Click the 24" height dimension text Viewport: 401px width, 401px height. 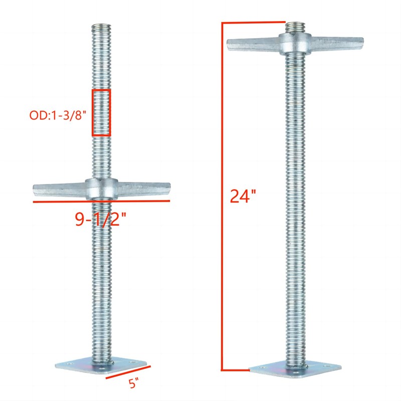point(240,195)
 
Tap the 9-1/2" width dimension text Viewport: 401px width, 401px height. point(101,219)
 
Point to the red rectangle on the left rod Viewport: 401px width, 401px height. point(101,113)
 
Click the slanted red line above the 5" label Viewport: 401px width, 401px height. point(128,373)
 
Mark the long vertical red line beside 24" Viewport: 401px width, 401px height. point(222,195)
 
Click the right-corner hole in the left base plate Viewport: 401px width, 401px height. point(132,366)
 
